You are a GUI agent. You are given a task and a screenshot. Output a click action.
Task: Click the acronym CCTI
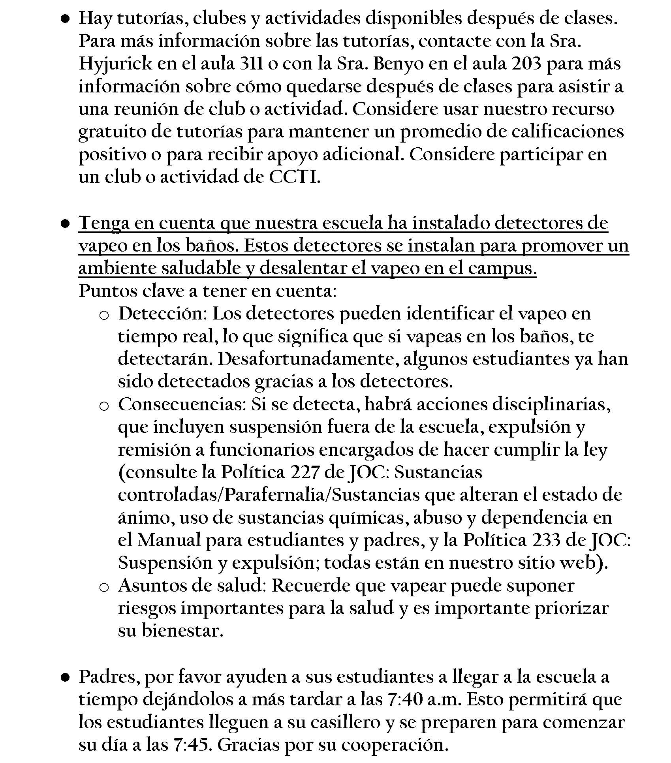tap(293, 177)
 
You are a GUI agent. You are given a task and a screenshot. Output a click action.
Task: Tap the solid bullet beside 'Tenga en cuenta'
tap(66, 224)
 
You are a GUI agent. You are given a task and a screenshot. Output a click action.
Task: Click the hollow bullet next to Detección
tap(104, 315)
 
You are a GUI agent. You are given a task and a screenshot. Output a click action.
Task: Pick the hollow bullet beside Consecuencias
tap(104, 406)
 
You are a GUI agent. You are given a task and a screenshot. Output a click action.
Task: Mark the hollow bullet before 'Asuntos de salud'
tap(104, 587)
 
